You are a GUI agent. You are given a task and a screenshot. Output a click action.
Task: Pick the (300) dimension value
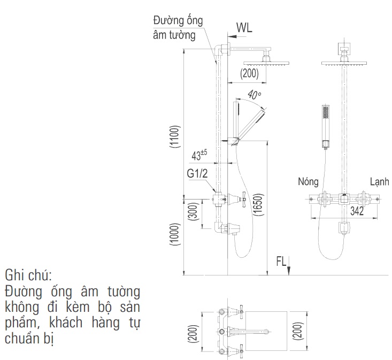tap(193, 212)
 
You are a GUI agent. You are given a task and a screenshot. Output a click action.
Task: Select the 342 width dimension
tap(357, 212)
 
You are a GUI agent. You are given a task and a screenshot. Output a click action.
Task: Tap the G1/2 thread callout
tap(197, 174)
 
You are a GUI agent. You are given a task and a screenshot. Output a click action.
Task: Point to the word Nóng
tap(308, 182)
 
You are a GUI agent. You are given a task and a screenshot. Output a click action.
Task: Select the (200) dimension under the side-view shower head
tap(250, 74)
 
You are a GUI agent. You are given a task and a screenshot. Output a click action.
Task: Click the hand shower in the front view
tap(325, 126)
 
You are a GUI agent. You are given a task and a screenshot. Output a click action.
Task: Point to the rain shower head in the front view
tap(344, 63)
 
